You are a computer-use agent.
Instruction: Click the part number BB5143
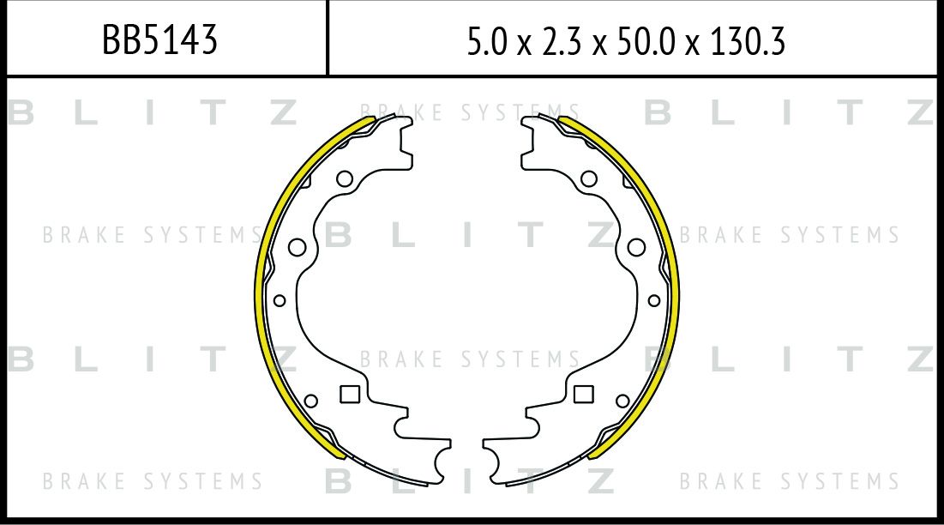click(x=159, y=40)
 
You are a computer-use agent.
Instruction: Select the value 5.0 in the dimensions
click(x=487, y=42)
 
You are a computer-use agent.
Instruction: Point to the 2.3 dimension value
click(x=562, y=42)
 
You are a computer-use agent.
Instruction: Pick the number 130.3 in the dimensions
click(x=748, y=42)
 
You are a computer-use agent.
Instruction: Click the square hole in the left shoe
click(x=350, y=395)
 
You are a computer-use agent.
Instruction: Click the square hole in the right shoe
click(x=583, y=395)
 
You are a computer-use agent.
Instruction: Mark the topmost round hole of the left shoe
click(x=345, y=178)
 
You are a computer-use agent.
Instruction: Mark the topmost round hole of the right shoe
click(x=589, y=178)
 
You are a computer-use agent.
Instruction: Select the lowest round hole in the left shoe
click(x=310, y=401)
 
